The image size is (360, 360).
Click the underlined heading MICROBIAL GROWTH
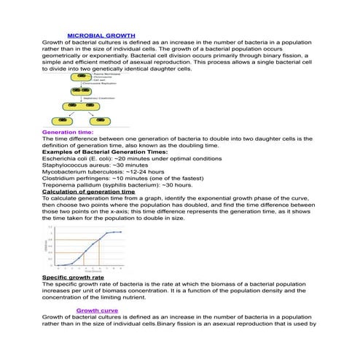tap(101, 35)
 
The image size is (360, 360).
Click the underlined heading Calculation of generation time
tap(89, 191)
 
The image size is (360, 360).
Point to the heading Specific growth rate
tap(73, 278)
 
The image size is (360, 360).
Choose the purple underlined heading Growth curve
tap(98, 310)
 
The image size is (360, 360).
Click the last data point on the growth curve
tap(120, 232)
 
